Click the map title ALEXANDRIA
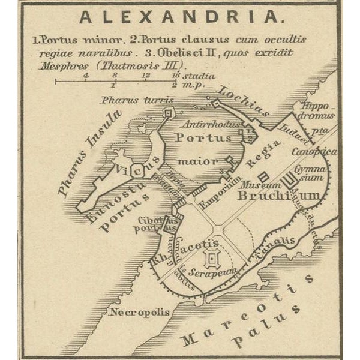coord(179,16)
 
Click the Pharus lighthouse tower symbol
coord(168,112)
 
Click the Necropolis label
coord(140,312)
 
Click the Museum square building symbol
coord(263,178)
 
